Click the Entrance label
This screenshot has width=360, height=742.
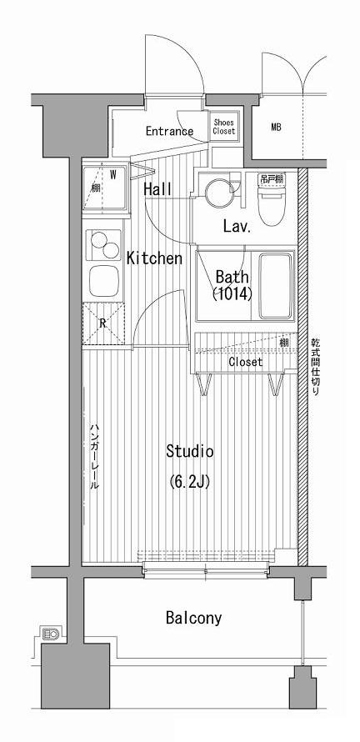tap(169, 131)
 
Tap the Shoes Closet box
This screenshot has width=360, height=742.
tap(223, 127)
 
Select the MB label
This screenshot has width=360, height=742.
tap(276, 128)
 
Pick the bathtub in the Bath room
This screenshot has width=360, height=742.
tap(276, 286)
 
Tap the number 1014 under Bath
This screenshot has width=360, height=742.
tap(232, 294)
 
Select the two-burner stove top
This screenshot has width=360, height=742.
tap(104, 243)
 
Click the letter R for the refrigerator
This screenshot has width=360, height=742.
tap(102, 323)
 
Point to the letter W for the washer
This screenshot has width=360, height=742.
tap(113, 174)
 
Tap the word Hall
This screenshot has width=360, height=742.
tap(157, 189)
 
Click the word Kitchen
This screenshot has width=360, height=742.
tap(154, 258)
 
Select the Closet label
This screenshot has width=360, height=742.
tap(245, 363)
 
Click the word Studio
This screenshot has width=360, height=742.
tap(189, 451)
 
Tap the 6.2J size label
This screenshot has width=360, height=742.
tap(189, 481)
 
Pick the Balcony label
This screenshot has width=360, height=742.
tap(193, 618)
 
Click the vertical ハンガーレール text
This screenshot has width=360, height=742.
tap(95, 456)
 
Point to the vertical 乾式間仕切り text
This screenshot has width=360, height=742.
tap(315, 367)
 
